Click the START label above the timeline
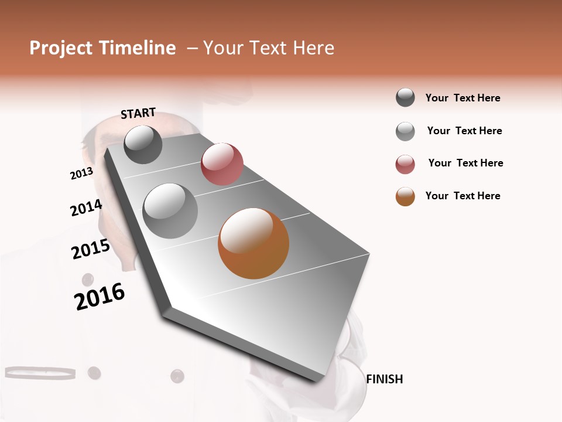pos(138,113)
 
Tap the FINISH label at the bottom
pos(384,379)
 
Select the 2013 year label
pos(81,173)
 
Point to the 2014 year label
pos(86,208)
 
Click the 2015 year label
pos(91,249)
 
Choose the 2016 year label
pos(100,297)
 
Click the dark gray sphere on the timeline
pos(143,144)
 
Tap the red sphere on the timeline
pos(222,164)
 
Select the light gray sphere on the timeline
pos(170,210)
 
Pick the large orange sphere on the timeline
pos(253,243)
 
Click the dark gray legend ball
pos(405,98)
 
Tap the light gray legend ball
pos(405,131)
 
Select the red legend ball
pos(405,164)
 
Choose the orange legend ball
pos(405,196)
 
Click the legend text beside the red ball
pos(465,163)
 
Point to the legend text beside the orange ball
pos(462,196)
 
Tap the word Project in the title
pos(60,48)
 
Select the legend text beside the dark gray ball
pos(462,98)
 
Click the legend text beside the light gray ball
pos(464,131)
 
